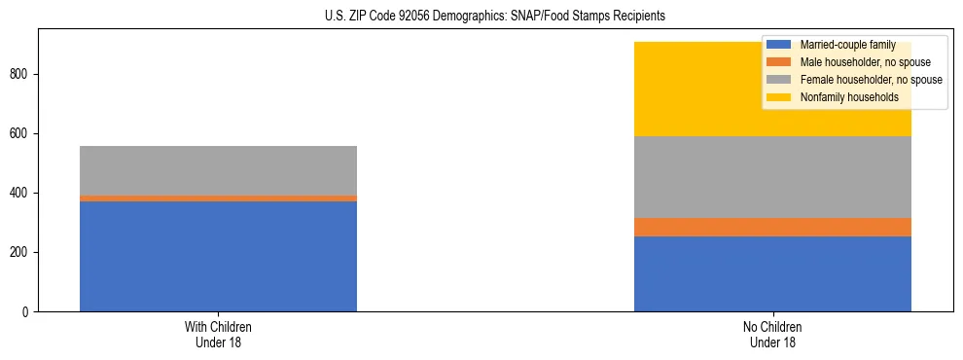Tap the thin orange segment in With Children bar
(x=218, y=198)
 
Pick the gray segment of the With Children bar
(x=218, y=170)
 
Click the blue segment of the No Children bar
(x=772, y=273)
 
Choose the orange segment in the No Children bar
(x=772, y=227)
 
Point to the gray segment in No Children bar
(x=772, y=176)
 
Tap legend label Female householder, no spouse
(x=870, y=80)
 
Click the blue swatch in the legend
(x=779, y=45)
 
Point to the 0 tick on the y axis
(x=26, y=311)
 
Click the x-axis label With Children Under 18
(x=218, y=335)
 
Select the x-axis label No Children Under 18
(x=772, y=335)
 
